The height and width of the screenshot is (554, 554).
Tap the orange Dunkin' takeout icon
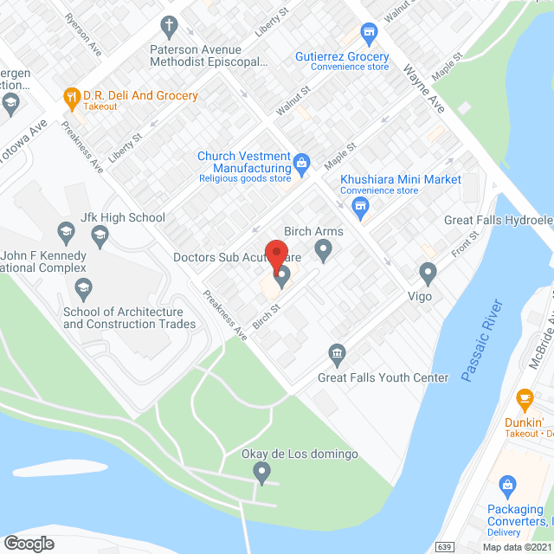click(x=524, y=399)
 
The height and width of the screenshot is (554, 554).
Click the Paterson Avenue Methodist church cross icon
click(x=170, y=25)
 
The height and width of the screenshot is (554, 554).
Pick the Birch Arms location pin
click(x=324, y=252)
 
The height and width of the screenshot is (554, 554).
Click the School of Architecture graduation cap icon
click(x=83, y=287)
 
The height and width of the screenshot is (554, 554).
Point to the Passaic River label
click(x=482, y=341)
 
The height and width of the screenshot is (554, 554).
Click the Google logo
click(x=29, y=544)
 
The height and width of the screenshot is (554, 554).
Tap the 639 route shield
click(x=444, y=547)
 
